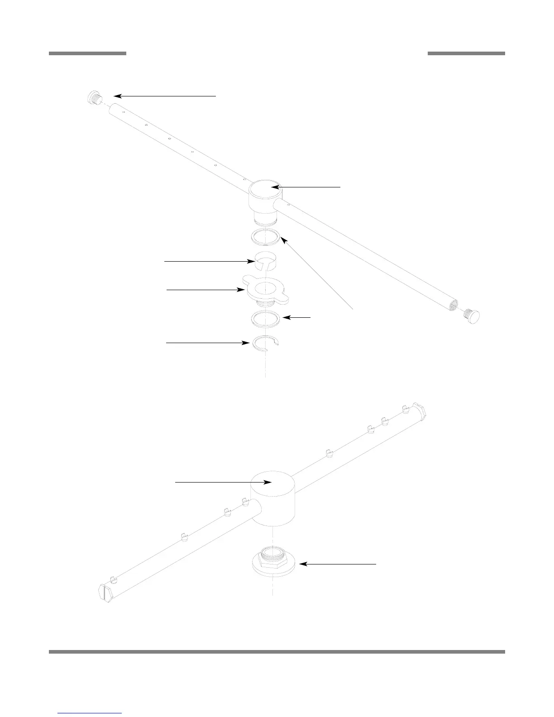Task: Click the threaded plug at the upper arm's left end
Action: pyautogui.click(x=95, y=97)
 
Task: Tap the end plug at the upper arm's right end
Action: pyautogui.click(x=472, y=315)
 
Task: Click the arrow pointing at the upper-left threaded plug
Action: pyautogui.click(x=165, y=96)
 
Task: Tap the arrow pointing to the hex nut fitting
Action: pyautogui.click(x=338, y=564)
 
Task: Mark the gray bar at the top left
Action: pyautogui.click(x=87, y=53)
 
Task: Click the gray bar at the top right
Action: pyautogui.click(x=466, y=53)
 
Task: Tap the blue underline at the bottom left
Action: pyautogui.click(x=90, y=713)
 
